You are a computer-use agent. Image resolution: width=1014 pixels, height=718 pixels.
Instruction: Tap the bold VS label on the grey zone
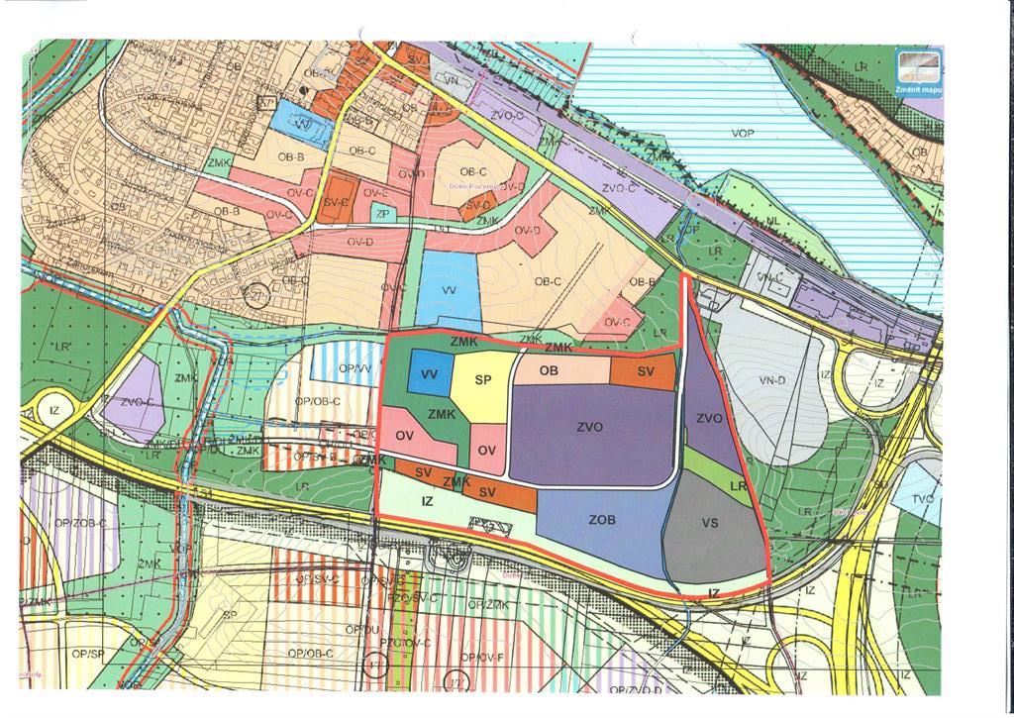[710, 524]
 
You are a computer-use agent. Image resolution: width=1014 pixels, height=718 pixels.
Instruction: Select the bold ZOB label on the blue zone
[602, 520]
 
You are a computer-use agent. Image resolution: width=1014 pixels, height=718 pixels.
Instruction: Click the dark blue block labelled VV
[429, 374]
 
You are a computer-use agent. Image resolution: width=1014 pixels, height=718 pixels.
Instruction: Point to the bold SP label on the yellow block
[483, 380]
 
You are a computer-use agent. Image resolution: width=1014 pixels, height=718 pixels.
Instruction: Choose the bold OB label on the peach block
[551, 370]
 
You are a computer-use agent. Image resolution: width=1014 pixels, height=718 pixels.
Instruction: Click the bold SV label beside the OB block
[646, 371]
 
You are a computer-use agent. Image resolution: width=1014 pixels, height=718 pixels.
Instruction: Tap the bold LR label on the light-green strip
[737, 487]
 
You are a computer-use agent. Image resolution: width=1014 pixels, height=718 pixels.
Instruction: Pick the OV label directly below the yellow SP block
[486, 451]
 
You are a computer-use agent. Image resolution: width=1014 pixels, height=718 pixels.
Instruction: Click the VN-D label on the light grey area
[771, 380]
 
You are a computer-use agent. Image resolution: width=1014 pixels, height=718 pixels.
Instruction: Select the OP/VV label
[354, 368]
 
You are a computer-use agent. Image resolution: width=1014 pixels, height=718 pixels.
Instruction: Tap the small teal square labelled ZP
[383, 213]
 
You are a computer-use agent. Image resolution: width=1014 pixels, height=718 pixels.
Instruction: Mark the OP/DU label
[361, 629]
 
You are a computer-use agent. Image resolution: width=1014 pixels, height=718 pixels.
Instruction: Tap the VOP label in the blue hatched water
[743, 134]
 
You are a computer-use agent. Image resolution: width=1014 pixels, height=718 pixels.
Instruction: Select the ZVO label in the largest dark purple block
[590, 428]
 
